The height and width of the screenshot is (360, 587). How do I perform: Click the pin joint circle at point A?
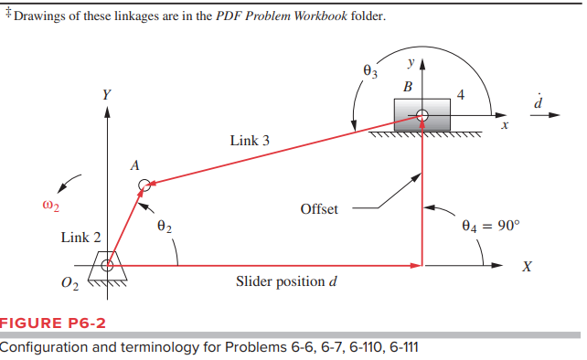[x=144, y=186]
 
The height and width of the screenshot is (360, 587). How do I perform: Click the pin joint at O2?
[x=108, y=266]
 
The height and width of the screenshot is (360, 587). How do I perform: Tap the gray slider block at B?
[x=422, y=115]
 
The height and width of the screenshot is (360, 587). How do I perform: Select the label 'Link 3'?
[x=250, y=141]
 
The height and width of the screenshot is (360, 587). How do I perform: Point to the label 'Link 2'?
[x=81, y=238]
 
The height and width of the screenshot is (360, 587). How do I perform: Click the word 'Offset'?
[x=319, y=209]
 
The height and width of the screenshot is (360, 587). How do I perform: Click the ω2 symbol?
[x=51, y=205]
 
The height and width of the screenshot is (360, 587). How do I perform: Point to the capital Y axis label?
[x=107, y=94]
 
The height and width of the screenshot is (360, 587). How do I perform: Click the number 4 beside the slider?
[x=461, y=94]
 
